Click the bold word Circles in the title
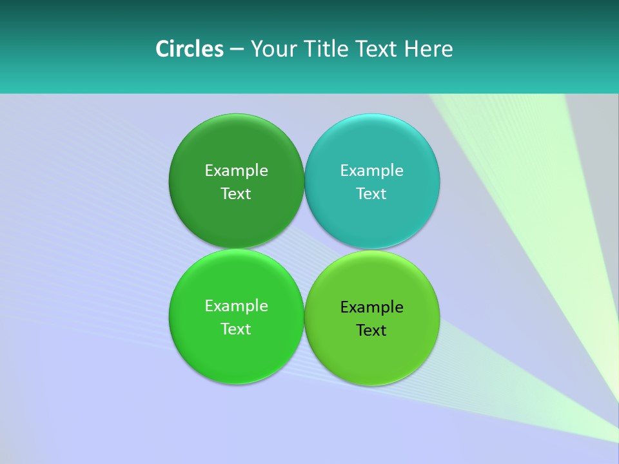pyautogui.click(x=189, y=49)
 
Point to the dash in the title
pyautogui.click(x=237, y=50)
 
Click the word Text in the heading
pyautogui.click(x=377, y=49)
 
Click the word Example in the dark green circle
pyautogui.click(x=236, y=170)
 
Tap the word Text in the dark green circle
pyautogui.click(x=236, y=193)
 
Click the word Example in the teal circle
pyautogui.click(x=371, y=170)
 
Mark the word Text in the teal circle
pyautogui.click(x=371, y=193)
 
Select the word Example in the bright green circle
pyautogui.click(x=236, y=305)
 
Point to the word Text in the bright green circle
pyautogui.click(x=236, y=329)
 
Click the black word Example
pyautogui.click(x=371, y=307)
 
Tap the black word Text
pyautogui.click(x=371, y=330)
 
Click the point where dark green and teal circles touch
pyautogui.click(x=304, y=181)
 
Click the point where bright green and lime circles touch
pyautogui.click(x=304, y=317)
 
